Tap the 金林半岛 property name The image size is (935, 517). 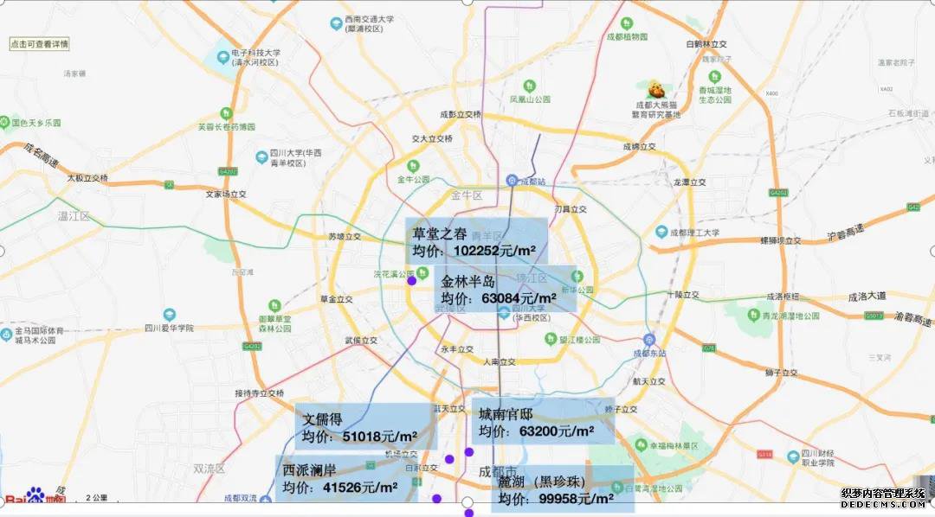467,282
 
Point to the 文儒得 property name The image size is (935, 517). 322,419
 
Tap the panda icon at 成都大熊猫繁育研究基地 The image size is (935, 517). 656,89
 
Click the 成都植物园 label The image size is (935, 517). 627,37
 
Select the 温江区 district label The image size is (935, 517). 74,215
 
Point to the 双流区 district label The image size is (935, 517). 209,469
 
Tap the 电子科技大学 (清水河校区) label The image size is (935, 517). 255,57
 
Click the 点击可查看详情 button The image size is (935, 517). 39,43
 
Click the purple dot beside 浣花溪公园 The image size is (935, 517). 411,280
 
